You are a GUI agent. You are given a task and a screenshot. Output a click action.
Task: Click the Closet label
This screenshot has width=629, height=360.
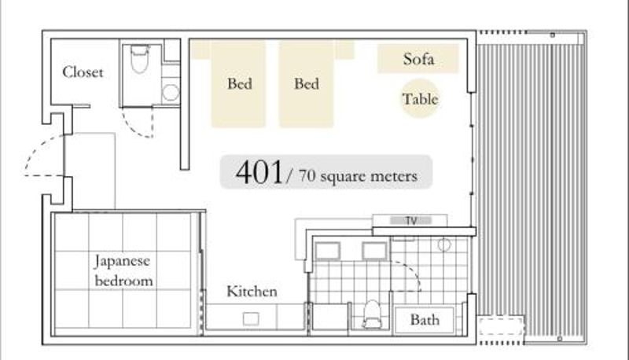pyautogui.click(x=83, y=72)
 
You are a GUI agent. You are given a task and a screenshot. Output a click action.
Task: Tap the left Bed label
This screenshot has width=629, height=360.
pyautogui.click(x=240, y=84)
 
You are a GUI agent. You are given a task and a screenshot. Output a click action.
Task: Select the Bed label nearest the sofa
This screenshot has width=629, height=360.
pyautogui.click(x=307, y=84)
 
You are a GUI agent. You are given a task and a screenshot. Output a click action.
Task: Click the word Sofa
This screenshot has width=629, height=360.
pyautogui.click(x=418, y=59)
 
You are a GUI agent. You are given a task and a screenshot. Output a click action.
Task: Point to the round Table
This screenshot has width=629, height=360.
pyautogui.click(x=420, y=98)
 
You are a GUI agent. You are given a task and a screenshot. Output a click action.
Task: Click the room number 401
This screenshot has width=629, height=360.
pyautogui.click(x=259, y=172)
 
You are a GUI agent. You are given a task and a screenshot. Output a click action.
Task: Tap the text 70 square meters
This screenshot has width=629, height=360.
pyautogui.click(x=358, y=175)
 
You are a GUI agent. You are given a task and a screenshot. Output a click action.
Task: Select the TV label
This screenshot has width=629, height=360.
pyautogui.click(x=411, y=221)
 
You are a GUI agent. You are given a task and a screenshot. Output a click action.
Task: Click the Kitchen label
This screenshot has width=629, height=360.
pyautogui.click(x=252, y=292)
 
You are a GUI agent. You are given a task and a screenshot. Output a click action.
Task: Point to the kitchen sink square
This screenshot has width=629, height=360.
pyautogui.click(x=251, y=319)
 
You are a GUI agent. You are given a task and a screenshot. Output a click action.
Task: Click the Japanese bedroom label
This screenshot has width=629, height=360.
pyautogui.click(x=123, y=270)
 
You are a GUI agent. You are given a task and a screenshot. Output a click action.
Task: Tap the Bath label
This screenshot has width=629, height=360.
pyautogui.click(x=425, y=320)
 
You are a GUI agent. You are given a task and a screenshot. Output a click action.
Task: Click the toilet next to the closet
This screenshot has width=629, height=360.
pyautogui.click(x=140, y=59)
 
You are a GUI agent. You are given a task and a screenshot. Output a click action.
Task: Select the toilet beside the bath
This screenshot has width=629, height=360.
pyautogui.click(x=372, y=314)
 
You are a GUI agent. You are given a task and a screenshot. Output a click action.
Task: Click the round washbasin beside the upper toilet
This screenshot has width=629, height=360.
pyautogui.click(x=171, y=93)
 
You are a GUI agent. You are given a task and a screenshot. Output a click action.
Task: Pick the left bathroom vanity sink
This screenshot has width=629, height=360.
pyautogui.click(x=328, y=252)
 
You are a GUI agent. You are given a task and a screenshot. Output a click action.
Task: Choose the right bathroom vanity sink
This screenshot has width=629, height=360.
pyautogui.click(x=375, y=252)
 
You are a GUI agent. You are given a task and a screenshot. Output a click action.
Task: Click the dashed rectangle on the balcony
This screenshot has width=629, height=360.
pyautogui.click(x=501, y=325)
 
